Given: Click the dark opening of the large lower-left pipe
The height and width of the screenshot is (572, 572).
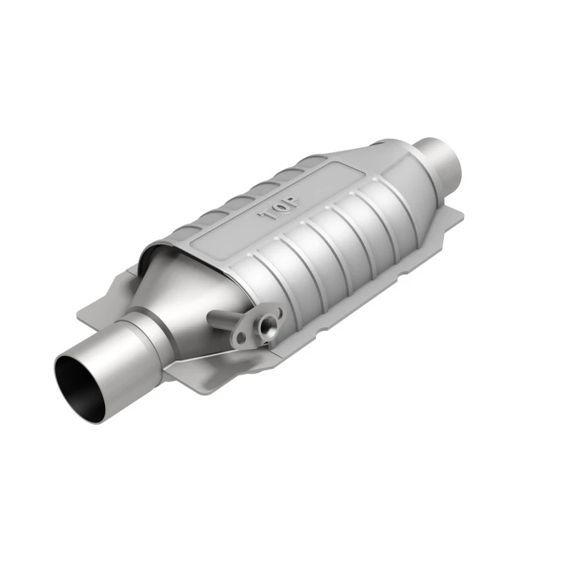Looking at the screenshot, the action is pos(81,384).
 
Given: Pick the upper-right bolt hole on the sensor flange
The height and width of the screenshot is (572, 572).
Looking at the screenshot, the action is pos(279,312).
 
